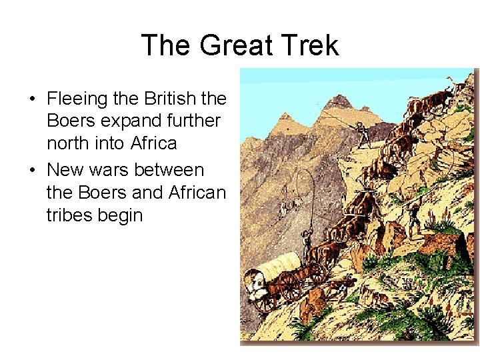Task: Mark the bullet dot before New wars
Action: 32,170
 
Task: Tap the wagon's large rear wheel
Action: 291,286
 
